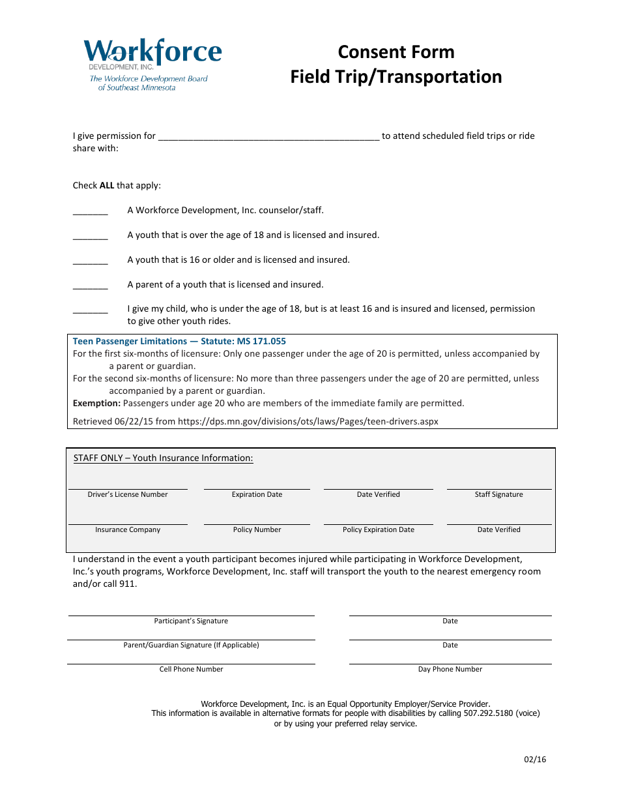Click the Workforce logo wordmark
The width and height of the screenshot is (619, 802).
152,52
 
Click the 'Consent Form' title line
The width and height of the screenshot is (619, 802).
396,52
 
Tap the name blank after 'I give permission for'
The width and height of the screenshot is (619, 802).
268,136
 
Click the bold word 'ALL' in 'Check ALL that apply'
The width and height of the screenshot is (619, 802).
107,185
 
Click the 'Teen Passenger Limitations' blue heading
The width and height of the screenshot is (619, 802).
179,341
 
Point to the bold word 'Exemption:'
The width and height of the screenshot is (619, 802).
96,403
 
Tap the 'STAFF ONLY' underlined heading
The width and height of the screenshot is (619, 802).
163,458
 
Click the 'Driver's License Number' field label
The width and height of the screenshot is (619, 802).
128,494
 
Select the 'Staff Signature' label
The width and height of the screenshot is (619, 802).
498,494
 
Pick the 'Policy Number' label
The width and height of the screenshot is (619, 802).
257,529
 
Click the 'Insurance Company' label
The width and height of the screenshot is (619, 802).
128,529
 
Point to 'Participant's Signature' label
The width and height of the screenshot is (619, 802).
191,621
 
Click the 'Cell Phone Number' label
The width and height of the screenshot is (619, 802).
191,669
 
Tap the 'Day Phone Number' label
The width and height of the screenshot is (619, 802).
450,669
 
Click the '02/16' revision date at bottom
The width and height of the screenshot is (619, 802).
535,759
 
